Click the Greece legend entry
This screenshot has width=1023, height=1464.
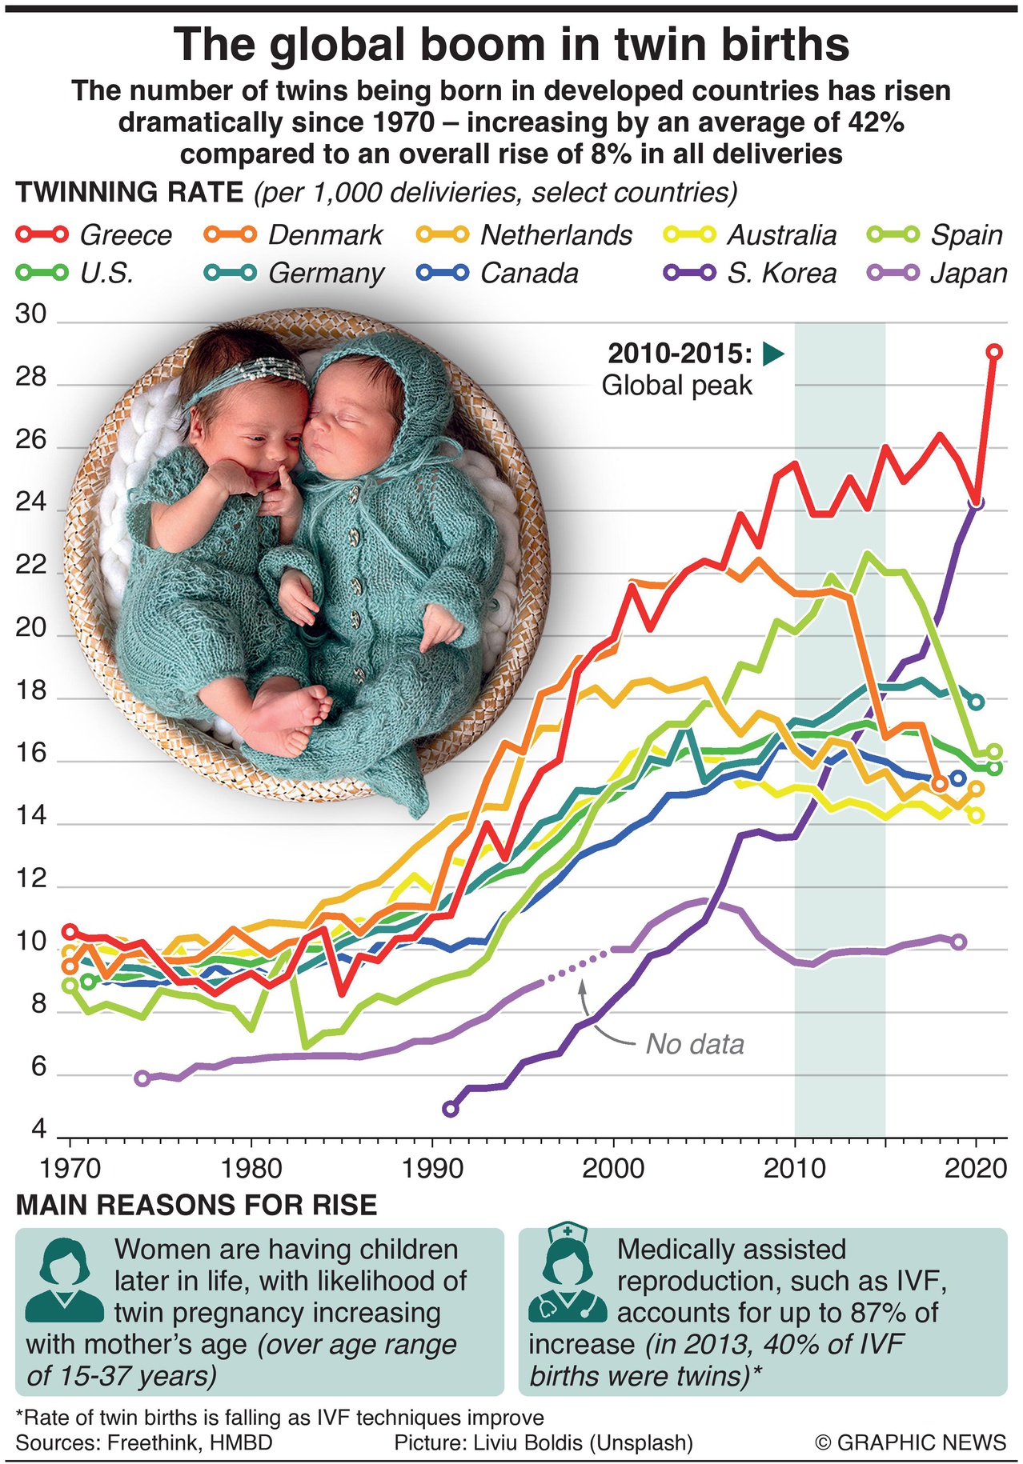click(94, 234)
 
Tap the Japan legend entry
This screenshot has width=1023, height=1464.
click(937, 273)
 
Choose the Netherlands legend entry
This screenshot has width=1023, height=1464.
click(524, 234)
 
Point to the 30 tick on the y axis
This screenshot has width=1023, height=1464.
click(31, 315)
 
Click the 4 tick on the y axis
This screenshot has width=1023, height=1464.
click(38, 1130)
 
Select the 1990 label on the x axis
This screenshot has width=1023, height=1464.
click(432, 1169)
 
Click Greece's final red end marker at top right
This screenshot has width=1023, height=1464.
click(994, 351)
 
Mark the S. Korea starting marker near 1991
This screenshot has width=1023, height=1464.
click(451, 1108)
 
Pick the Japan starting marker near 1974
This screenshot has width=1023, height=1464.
click(142, 1078)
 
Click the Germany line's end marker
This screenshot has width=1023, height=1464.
click(976, 702)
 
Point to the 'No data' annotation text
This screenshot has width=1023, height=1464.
click(695, 1044)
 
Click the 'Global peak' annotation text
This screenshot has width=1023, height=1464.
click(676, 386)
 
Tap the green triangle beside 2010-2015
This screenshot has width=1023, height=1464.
click(772, 354)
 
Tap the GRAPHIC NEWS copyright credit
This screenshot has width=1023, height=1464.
click(910, 1442)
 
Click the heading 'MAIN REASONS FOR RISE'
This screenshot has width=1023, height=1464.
click(196, 1205)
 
